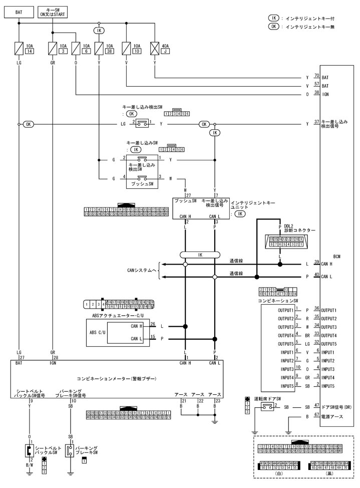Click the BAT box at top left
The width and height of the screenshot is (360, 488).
(x=19, y=11)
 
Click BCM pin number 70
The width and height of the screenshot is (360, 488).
(x=316, y=76)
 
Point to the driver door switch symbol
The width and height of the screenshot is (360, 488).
(x=265, y=407)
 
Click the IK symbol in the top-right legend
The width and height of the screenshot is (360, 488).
(x=273, y=18)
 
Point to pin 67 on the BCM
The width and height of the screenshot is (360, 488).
(x=316, y=415)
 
